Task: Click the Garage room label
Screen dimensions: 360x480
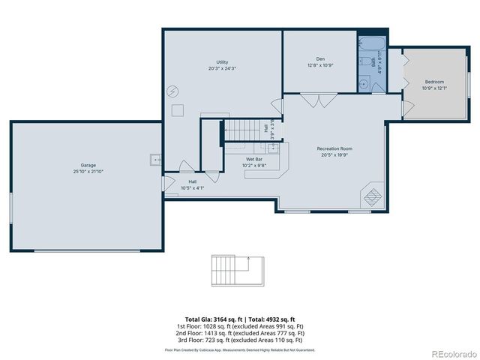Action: [x=88, y=165]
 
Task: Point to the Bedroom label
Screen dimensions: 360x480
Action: [x=434, y=82]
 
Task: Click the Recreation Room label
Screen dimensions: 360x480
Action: [x=334, y=148]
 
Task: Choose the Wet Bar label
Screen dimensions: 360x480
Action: [x=253, y=160]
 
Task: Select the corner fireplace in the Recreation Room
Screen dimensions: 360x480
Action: [x=372, y=197]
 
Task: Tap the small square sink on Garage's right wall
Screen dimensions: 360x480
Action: [x=154, y=159]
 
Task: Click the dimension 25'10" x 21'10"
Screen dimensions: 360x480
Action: [x=88, y=171]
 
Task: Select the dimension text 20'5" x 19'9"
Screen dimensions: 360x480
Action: [x=334, y=155]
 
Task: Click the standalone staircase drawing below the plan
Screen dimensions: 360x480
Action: [x=238, y=269]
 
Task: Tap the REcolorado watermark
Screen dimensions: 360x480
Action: [x=452, y=353]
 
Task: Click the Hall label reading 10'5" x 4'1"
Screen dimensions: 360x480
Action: [x=192, y=181]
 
